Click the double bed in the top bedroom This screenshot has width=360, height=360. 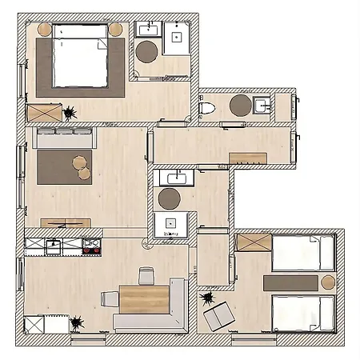pos(80,57)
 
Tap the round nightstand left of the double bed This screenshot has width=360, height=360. pos(45,30)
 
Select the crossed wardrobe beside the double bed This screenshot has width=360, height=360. pos(43,112)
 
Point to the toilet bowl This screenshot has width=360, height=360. pos(207,107)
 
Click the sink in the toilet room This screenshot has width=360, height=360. pos(262,105)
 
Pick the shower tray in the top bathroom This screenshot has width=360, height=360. pos(177,36)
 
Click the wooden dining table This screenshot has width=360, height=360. pos(143,298)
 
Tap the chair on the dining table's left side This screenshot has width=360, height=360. pos(110,298)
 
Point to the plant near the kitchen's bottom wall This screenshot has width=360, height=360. pos(78,324)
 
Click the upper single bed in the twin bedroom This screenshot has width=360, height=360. pos(302,252)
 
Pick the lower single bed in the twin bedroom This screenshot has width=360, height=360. pos(302,314)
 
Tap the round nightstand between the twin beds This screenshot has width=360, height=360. pos(328,282)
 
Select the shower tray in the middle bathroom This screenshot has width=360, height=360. pos(170,225)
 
